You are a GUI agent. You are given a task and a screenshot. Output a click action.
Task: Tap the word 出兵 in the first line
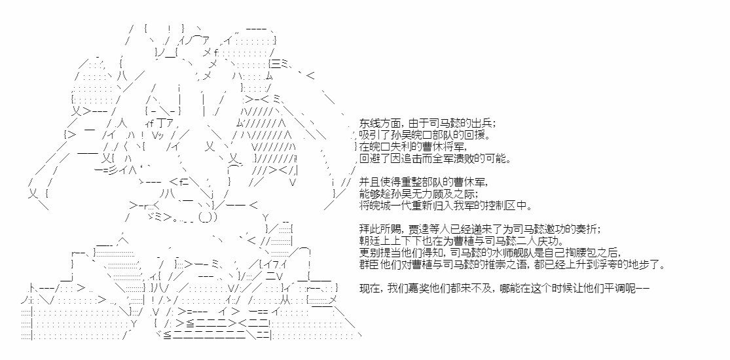click(x=484, y=124)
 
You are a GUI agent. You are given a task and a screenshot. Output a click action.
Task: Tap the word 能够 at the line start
click(x=368, y=194)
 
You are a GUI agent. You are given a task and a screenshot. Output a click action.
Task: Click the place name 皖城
click(x=378, y=206)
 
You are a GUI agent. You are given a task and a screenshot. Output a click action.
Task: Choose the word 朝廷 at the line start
click(x=368, y=242)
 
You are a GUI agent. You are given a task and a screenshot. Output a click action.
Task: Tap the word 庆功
click(x=554, y=242)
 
